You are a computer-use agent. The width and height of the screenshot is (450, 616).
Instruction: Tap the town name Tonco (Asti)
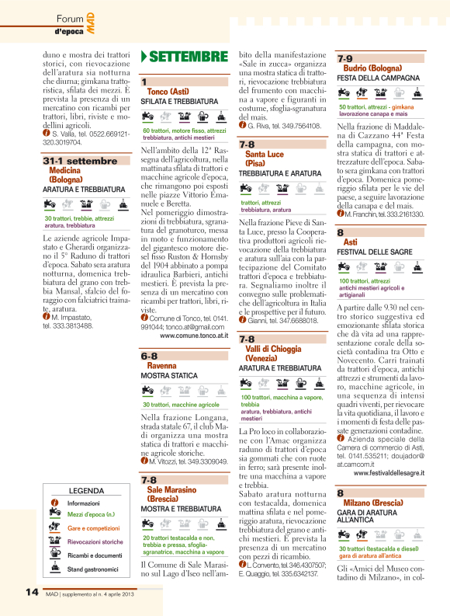(168, 92)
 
